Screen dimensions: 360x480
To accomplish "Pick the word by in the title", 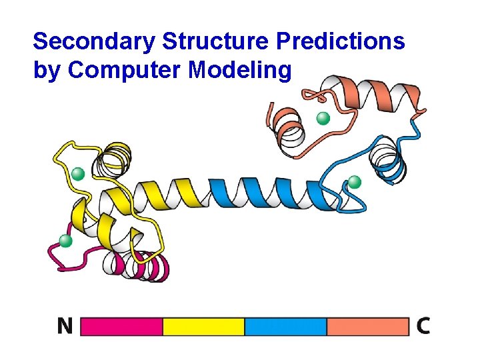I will point(47,71).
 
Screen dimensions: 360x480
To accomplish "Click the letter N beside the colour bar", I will point(65,326).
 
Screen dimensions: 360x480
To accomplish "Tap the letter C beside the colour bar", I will point(423,326).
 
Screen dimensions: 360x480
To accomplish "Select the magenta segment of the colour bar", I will point(122,326).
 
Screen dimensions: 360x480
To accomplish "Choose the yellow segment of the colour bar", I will point(204,326).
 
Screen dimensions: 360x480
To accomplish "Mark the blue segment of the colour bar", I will point(285,326).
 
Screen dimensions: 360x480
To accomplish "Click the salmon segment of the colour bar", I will point(367,326).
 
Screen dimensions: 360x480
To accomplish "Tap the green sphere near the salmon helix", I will point(323,119).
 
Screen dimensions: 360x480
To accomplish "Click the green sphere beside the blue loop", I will point(355,181).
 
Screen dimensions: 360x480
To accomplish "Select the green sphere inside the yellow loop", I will point(78,174).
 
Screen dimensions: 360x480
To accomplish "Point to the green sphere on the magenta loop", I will point(65,241).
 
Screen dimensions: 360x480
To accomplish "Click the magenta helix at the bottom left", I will point(143,267).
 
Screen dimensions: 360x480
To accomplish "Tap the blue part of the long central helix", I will point(267,193).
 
